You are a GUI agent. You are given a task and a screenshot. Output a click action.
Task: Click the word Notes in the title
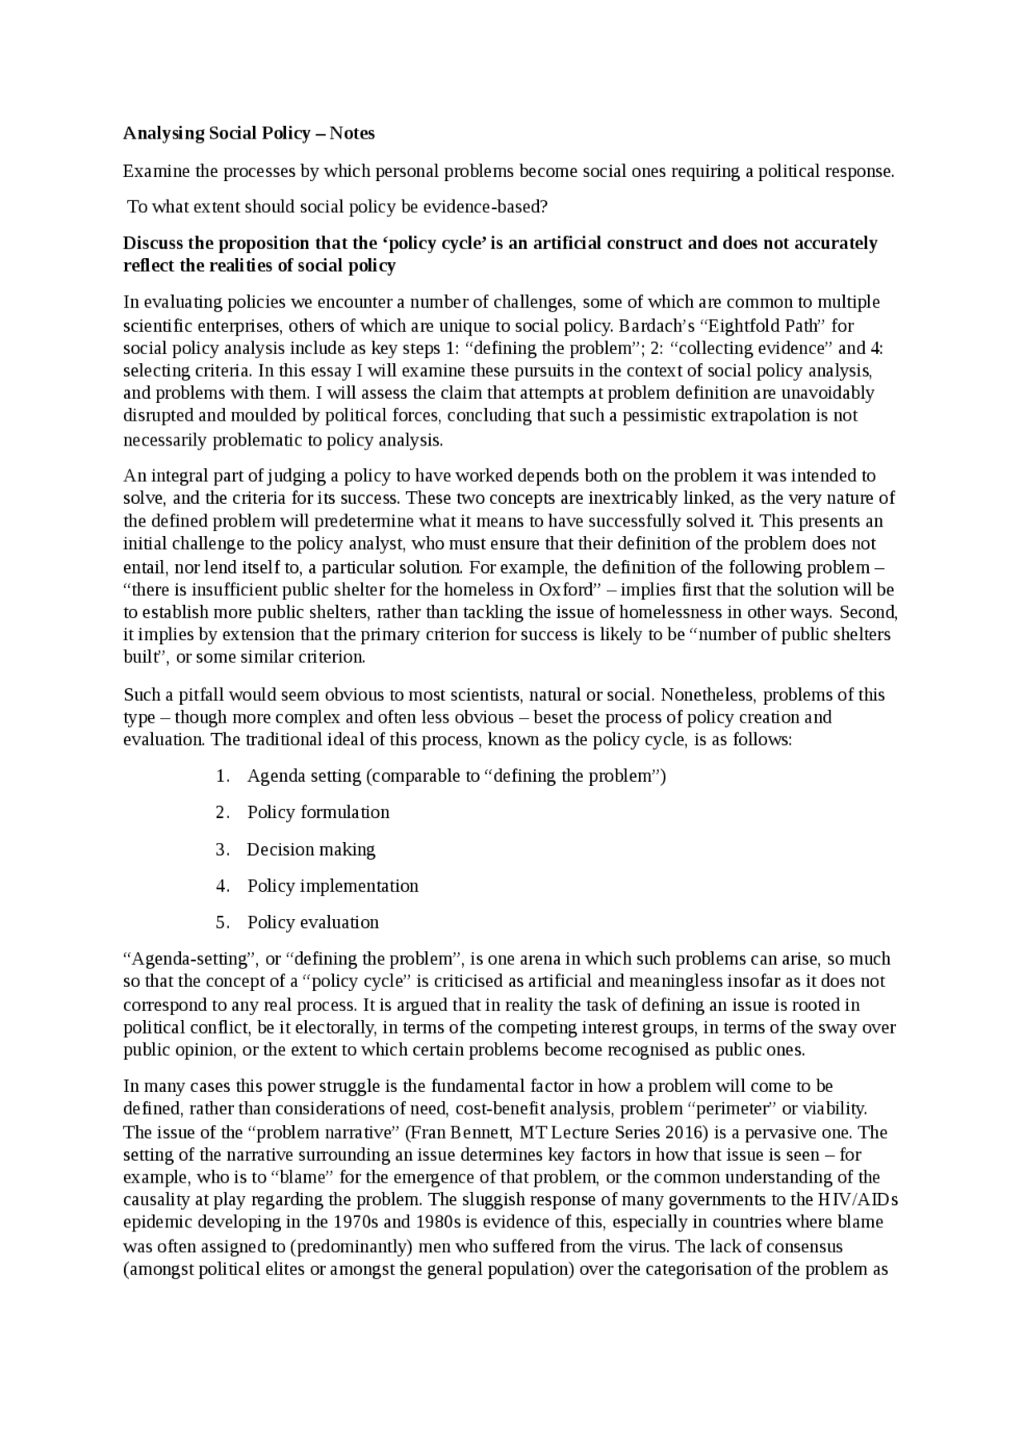point(352,133)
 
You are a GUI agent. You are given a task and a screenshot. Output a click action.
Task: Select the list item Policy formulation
point(318,812)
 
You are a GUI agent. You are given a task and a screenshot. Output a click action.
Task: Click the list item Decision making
point(311,849)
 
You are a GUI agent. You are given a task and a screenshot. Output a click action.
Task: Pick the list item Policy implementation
point(332,885)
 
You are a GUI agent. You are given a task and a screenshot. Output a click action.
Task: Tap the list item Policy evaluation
point(313,922)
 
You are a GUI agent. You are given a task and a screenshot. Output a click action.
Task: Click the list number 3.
point(222,849)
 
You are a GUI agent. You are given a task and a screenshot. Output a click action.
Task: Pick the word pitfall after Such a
point(195,695)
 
